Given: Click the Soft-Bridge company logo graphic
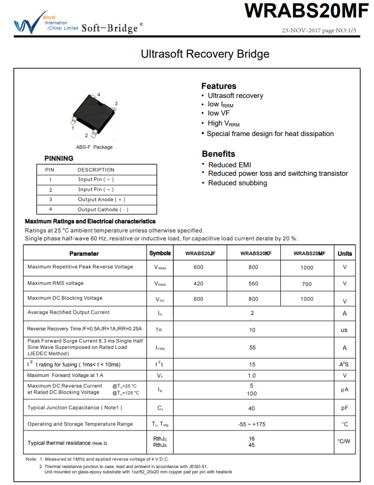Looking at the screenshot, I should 27,24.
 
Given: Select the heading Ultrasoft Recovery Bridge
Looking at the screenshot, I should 204,54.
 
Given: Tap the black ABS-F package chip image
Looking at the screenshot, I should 94,113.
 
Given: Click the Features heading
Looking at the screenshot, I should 219,86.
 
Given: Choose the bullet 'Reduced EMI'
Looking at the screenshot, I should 229,165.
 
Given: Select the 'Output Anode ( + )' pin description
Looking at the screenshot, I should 101,200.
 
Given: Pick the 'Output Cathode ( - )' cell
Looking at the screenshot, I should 103,210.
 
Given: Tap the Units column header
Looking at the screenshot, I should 345,254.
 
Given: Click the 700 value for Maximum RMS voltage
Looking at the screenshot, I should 307,284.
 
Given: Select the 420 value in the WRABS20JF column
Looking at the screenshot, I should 199,284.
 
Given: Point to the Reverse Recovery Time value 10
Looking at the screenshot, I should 252,330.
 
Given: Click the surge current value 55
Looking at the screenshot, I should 252,348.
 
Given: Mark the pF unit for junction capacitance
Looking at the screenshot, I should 345,408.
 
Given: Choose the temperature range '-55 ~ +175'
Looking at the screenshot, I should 252,424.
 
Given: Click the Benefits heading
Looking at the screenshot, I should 218,154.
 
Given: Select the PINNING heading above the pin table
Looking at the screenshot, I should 59,158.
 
